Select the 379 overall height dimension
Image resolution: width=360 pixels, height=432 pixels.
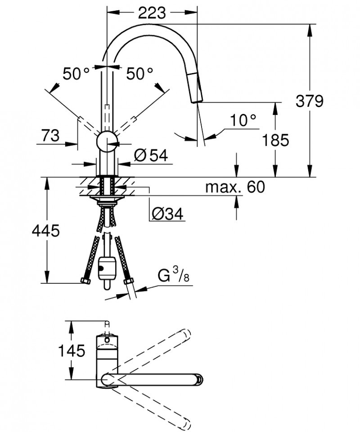tap(310, 101)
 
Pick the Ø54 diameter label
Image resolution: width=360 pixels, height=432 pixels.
tap(151, 155)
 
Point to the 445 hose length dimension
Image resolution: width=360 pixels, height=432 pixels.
tap(45, 231)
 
